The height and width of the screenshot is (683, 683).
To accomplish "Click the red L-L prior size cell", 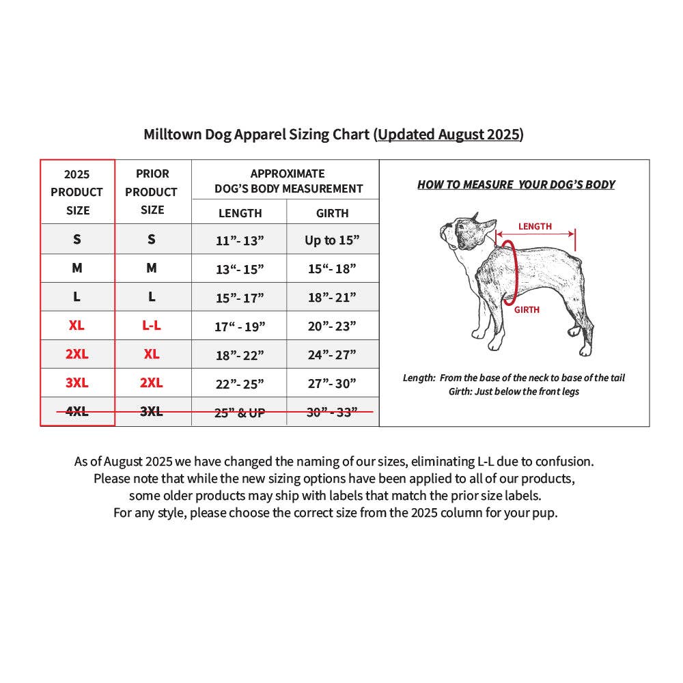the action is [x=151, y=325].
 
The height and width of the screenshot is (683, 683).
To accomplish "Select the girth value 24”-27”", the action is [x=332, y=354].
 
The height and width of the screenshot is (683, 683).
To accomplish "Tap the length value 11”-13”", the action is [x=240, y=240].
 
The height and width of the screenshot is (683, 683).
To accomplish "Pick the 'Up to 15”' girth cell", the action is [x=332, y=240].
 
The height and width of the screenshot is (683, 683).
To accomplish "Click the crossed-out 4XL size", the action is [x=76, y=411].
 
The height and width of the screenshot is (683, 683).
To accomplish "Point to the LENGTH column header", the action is [x=240, y=213].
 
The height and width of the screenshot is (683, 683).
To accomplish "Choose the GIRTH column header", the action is [x=333, y=213].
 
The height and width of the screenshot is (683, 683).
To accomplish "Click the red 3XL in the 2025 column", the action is [x=76, y=382].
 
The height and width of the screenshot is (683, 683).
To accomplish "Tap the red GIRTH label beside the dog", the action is [x=527, y=309].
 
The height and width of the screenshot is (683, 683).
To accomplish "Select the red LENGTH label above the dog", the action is [x=535, y=227].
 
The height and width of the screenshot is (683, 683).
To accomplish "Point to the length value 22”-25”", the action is [x=240, y=384].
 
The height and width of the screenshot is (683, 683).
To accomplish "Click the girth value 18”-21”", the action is [x=332, y=298].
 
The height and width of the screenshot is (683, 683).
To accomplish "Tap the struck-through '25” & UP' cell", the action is [x=240, y=413].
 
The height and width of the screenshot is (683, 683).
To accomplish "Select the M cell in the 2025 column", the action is [x=76, y=268].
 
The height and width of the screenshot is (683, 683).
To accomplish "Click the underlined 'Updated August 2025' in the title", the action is [x=449, y=134].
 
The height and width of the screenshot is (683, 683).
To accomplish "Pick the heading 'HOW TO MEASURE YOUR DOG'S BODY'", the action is [x=516, y=184].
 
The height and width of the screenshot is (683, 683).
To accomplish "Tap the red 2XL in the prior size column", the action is [x=151, y=382].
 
